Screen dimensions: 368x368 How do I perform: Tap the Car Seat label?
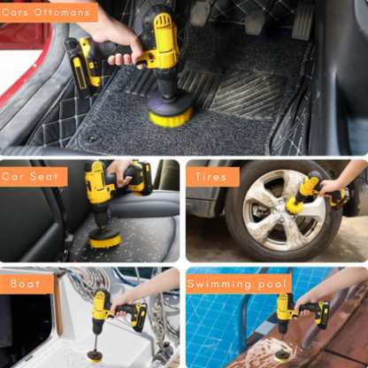pos(33,177)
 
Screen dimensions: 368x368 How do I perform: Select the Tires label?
pos(212,177)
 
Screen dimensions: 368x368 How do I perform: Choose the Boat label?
pos(26,284)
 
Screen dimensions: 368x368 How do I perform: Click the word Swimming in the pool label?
pos(221,284)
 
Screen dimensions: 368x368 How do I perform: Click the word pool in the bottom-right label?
pos(272,284)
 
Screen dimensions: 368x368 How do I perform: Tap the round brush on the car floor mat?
pos(170,110)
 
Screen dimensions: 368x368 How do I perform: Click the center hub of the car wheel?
pos(272,210)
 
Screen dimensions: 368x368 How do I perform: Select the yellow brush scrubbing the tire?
pos(295,200)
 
